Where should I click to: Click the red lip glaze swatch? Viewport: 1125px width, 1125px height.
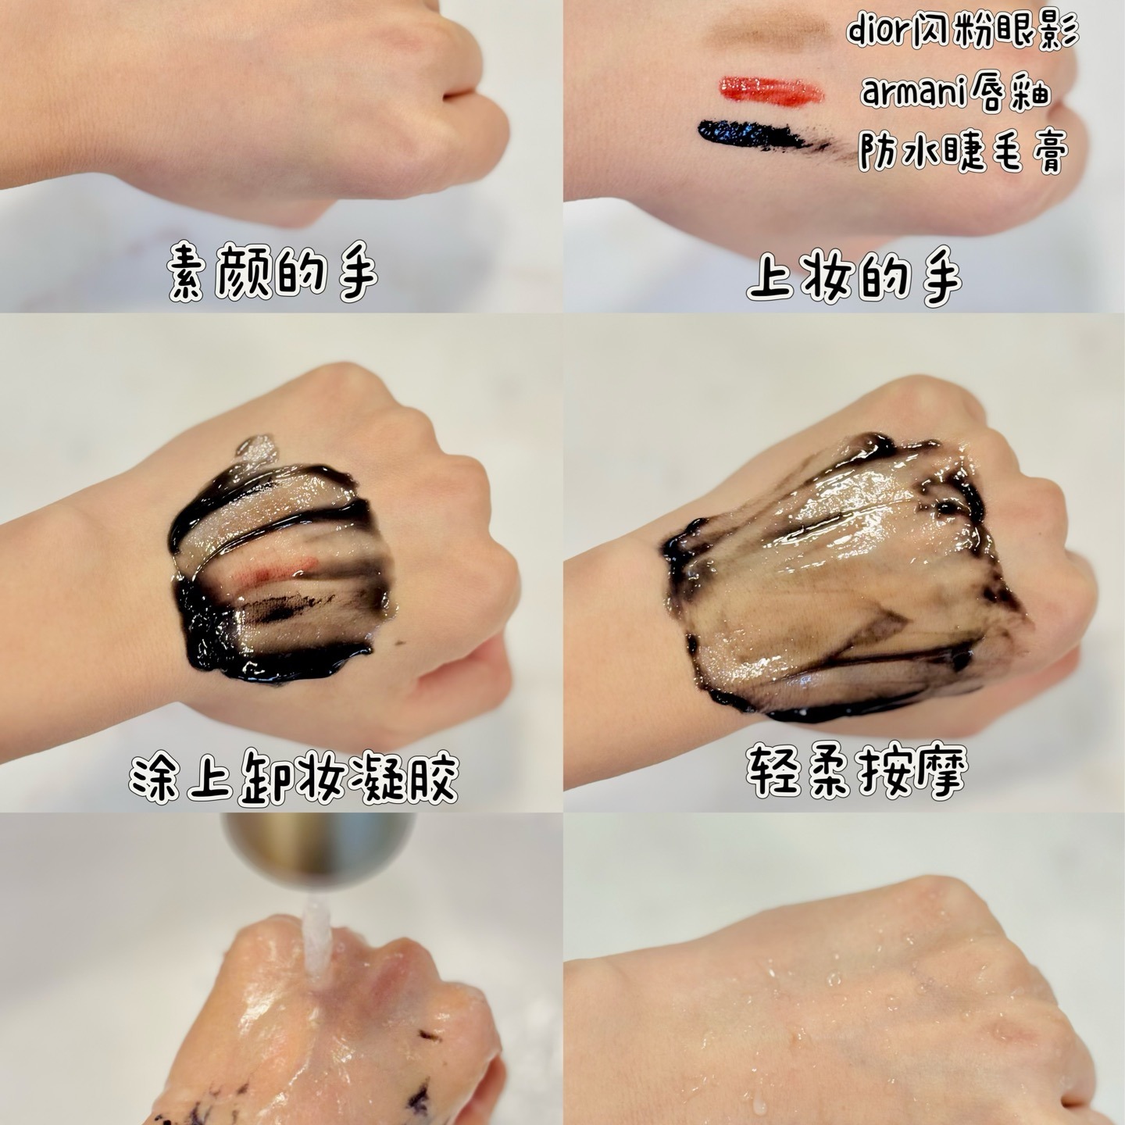770,89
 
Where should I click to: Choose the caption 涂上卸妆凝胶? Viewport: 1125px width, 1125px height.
294,777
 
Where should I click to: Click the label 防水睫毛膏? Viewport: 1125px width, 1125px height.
962,149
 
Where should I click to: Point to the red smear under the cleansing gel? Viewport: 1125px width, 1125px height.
281,570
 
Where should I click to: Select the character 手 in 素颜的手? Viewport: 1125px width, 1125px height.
352,278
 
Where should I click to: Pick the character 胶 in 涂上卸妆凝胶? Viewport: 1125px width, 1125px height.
432,777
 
